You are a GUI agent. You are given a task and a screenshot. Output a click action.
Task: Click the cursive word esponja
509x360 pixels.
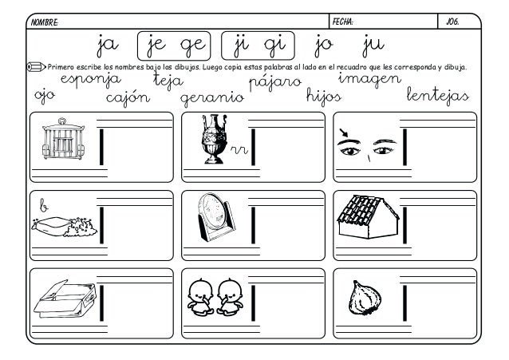pos(91,80)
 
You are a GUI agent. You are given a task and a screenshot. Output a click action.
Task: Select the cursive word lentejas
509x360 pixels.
pos(437,96)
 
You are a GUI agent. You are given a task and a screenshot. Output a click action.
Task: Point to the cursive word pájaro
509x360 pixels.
pos(275,82)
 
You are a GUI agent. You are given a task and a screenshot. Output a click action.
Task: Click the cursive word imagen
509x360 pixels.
pos(369,80)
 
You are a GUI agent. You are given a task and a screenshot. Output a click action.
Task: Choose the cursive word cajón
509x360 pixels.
pos(128,98)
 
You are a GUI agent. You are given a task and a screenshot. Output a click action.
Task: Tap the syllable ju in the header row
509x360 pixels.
pos(373,45)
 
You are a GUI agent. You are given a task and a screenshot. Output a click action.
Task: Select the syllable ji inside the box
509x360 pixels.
pos(241,45)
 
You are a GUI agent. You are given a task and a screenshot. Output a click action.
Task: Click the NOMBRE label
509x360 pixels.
pos(45,22)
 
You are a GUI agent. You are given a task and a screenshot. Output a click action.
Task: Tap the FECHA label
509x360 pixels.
pos(343,22)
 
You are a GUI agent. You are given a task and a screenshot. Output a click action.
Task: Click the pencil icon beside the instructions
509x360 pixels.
pos(36,67)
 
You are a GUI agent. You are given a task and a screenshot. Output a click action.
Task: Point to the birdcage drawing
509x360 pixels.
pos(63,138)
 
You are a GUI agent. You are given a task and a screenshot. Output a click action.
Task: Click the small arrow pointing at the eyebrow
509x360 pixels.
pos(343,133)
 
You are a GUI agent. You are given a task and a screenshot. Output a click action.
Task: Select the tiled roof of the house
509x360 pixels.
pos(359,210)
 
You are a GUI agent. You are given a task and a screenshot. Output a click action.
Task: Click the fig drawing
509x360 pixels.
pos(365,298)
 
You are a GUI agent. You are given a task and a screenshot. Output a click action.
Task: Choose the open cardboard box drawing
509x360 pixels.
pos(65,299)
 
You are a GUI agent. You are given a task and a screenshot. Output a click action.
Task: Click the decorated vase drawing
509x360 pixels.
pos(214,139)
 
